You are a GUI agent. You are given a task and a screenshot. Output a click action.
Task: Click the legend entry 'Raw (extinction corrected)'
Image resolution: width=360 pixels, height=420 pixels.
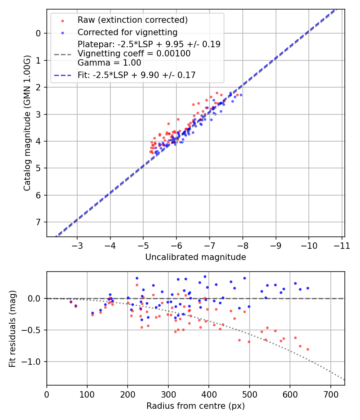tap(132, 20)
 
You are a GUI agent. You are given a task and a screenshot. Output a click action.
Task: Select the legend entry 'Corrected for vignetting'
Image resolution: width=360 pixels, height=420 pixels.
tap(127, 32)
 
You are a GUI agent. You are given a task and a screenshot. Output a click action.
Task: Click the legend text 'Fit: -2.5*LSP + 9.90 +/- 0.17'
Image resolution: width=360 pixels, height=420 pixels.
tap(136, 75)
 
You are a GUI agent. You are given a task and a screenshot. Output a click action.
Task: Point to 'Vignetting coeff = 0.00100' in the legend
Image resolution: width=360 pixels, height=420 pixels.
tap(134, 53)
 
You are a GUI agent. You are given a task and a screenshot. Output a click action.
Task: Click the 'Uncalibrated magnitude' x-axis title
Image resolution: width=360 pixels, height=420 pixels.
tap(196, 257)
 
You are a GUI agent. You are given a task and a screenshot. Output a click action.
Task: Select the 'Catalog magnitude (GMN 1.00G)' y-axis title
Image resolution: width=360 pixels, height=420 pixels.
tap(27, 122)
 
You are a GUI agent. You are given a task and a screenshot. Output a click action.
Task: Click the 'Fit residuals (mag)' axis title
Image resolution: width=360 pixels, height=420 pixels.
tap(12, 328)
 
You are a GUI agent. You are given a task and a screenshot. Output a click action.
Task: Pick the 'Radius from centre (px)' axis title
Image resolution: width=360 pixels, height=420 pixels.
tap(196, 406)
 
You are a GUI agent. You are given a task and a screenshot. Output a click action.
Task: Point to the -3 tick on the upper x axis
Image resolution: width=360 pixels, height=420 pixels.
tap(77, 245)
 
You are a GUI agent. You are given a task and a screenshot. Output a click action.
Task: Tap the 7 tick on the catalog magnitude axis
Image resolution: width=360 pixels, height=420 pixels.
tap(39, 222)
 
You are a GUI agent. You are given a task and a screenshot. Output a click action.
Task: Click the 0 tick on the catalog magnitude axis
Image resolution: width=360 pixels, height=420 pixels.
tap(39, 33)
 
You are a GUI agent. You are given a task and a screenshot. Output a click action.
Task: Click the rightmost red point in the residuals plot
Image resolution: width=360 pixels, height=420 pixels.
tap(308, 349)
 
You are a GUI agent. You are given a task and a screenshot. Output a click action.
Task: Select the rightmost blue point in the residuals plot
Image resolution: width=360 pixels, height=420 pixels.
tap(308, 288)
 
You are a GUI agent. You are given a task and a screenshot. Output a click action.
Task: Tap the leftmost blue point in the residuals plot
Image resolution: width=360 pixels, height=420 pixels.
tap(71, 302)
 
